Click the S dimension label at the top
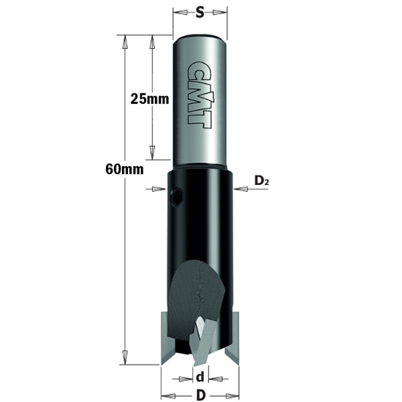point(200,12)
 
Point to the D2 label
point(262,180)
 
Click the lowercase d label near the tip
point(200,379)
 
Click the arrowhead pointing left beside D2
point(239,189)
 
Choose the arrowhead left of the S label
point(178,12)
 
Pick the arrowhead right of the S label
point(222,12)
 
